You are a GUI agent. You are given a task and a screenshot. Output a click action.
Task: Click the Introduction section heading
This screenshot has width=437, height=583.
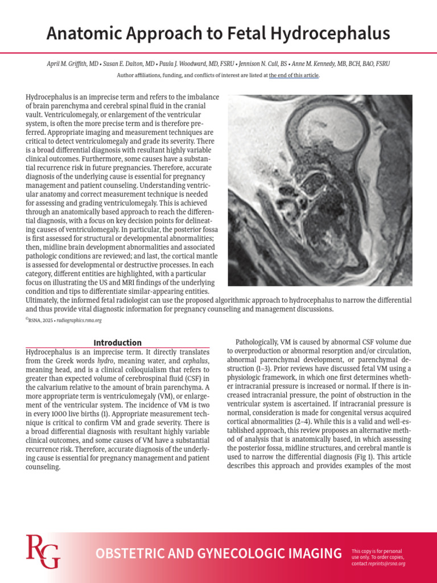tap(117, 343)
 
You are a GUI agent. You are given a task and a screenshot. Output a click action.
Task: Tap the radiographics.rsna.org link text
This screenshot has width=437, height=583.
tap(79, 321)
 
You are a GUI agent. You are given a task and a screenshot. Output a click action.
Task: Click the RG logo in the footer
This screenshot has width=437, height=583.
tap(43, 552)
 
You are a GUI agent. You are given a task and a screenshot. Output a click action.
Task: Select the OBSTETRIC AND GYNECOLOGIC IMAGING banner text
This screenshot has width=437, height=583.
tap(218, 553)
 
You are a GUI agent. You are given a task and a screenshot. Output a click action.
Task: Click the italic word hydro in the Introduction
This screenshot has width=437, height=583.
tap(105, 362)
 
